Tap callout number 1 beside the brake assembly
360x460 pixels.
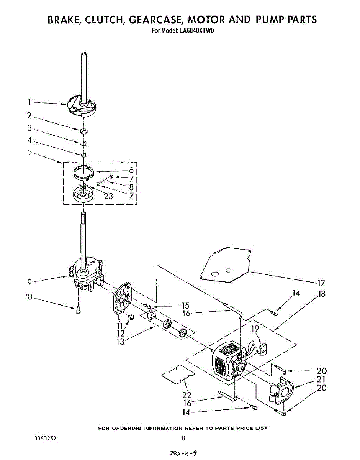[x=29, y=102]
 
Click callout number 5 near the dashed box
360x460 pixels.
[x=29, y=152]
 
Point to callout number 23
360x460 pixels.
[x=108, y=196]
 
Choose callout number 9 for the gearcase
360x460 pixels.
[x=29, y=283]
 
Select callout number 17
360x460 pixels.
[x=321, y=283]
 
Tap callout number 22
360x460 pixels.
[x=187, y=394]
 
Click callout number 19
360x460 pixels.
[x=255, y=329]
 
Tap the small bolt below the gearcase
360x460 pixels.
[x=78, y=310]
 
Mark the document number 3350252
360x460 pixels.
[x=46, y=438]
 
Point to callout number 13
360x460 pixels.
[x=121, y=342]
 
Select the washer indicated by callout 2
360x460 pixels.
[x=83, y=131]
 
